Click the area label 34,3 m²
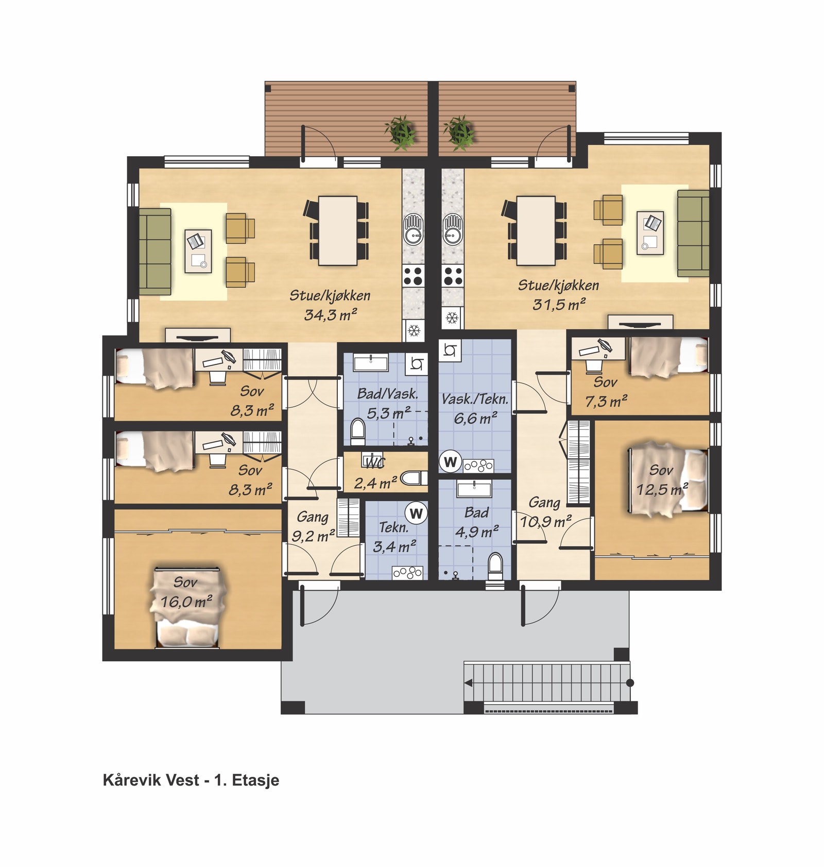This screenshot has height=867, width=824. pos(331,314)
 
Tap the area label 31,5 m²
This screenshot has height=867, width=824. pos(559,304)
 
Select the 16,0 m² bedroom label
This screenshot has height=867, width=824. pos(186,602)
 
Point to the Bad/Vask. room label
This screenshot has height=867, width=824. pos(387,394)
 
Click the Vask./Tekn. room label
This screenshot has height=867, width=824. pos(475,399)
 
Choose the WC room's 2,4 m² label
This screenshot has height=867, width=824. pos(375,483)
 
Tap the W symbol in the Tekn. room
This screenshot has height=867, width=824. pos(416,513)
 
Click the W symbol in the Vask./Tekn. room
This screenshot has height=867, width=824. pos(451,462)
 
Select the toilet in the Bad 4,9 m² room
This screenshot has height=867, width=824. pos(495,566)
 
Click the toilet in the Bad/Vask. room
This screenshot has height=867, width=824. pos(357,432)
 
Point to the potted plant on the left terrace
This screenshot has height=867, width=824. pos(401,132)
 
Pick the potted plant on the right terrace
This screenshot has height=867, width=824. pos(459,132)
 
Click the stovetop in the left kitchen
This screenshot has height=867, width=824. pos(413,276)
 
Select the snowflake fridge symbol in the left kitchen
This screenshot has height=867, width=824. pos(415,330)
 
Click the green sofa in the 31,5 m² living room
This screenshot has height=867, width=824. pos(693,234)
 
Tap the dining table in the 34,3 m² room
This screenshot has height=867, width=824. pos(338,230)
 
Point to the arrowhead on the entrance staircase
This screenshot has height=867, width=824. pos(468,683)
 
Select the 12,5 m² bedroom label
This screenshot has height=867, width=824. pos(662,489)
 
